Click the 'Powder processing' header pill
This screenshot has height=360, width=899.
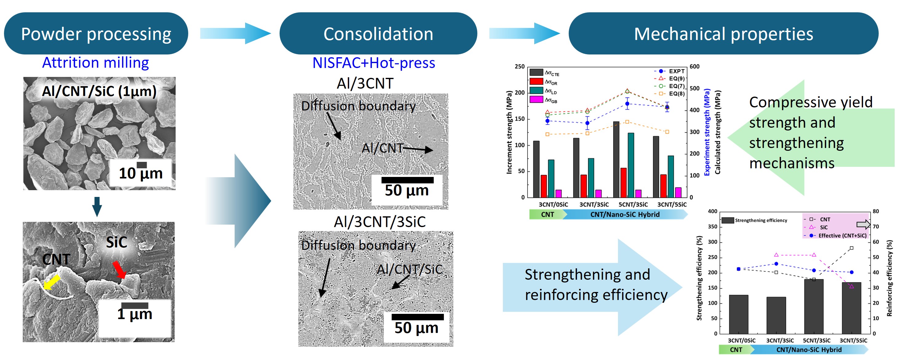pos(96,34)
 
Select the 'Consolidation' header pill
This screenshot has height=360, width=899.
pos(378,34)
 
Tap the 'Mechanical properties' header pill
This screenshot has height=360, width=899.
pos(723,34)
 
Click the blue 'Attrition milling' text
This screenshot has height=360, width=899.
pos(96,63)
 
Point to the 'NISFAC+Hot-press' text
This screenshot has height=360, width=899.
pos(374,63)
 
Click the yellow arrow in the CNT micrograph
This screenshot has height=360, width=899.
pos(52,282)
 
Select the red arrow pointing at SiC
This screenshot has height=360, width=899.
pos(119,270)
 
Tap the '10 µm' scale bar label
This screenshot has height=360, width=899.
pos(141,173)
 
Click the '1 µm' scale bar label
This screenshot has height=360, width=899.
pos(135,314)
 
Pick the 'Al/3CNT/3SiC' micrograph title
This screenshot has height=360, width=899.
pos(380,222)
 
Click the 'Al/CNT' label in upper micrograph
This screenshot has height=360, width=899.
pos(383,148)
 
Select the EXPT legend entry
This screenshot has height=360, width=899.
pos(669,71)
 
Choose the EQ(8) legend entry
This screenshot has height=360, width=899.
pos(669,94)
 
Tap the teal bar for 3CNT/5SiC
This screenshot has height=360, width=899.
pos(671,177)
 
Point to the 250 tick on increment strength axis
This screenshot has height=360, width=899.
pos(520,66)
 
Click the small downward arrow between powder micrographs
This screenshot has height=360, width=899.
pos(97,207)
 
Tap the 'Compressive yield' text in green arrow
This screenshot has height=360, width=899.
pos(811,102)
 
